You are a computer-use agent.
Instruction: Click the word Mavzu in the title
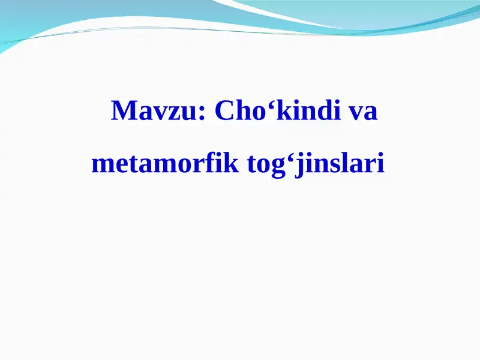154,111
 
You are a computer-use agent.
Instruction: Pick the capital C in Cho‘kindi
223,111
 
